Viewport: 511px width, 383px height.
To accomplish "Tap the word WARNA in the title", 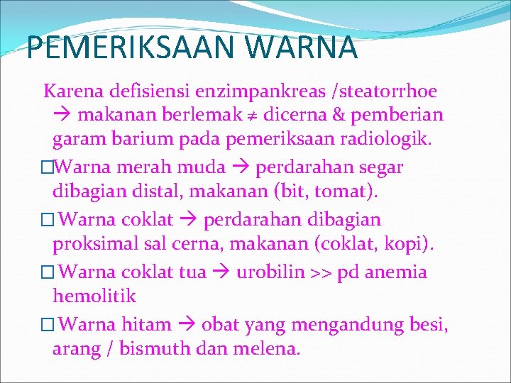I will pos(312,48).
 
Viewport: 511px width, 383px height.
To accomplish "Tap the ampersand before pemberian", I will pos(351,115).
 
